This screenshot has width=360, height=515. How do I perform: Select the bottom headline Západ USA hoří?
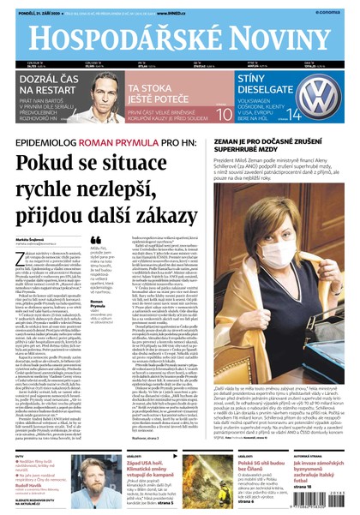tap(137, 464)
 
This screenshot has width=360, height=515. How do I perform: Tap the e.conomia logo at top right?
tap(340, 5)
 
